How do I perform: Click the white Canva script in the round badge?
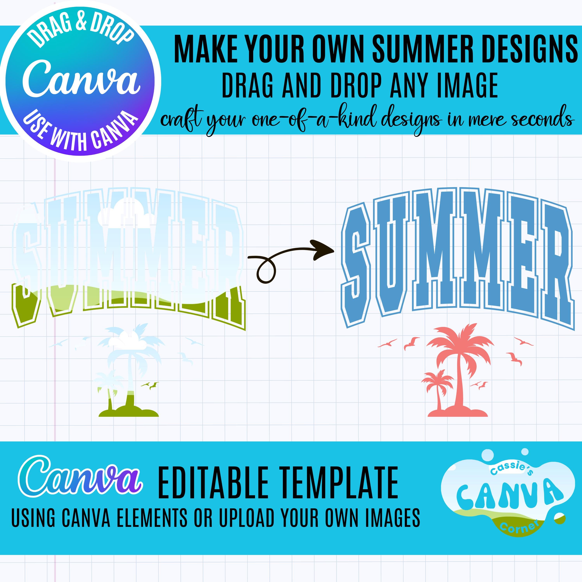pos(81,79)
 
